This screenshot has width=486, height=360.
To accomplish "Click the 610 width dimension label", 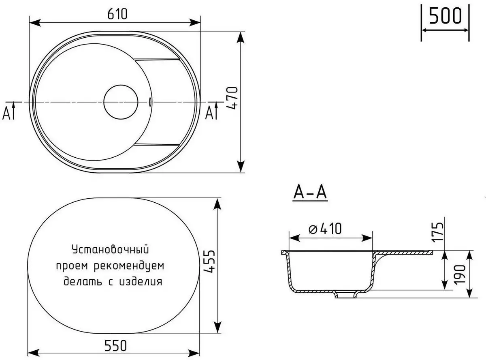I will (117, 14).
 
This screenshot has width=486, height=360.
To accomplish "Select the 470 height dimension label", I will (232, 100).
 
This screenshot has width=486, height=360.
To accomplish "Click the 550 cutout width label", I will (116, 345).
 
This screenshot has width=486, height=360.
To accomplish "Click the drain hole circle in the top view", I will (121, 102).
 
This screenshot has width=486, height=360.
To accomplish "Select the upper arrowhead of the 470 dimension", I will (241, 37).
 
